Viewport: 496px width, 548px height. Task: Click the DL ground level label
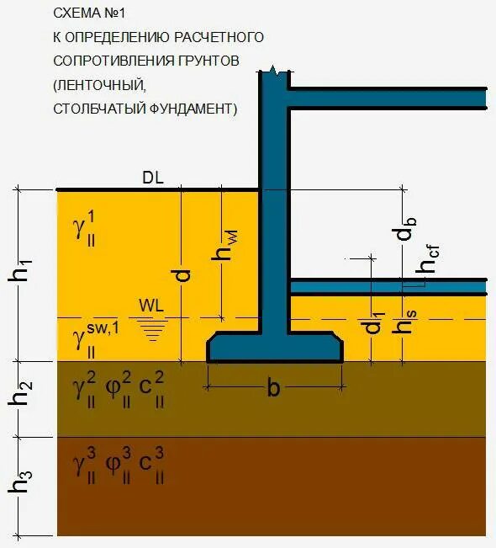[x=153, y=178]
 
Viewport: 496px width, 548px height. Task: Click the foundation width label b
[x=274, y=388]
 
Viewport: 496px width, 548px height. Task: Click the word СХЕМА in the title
[x=74, y=13]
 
